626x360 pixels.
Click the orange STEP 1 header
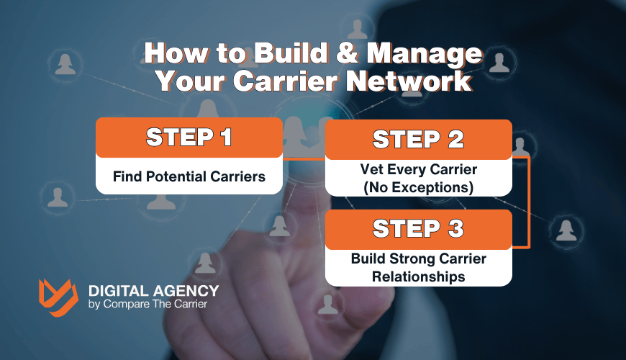189,138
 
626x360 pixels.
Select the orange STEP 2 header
418,139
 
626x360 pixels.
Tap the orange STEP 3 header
418,230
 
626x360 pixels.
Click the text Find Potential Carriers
189,176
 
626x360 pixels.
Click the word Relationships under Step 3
418,276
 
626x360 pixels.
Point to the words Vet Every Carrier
418,171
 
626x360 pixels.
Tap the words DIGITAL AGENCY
153,292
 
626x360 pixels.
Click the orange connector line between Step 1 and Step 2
304,158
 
